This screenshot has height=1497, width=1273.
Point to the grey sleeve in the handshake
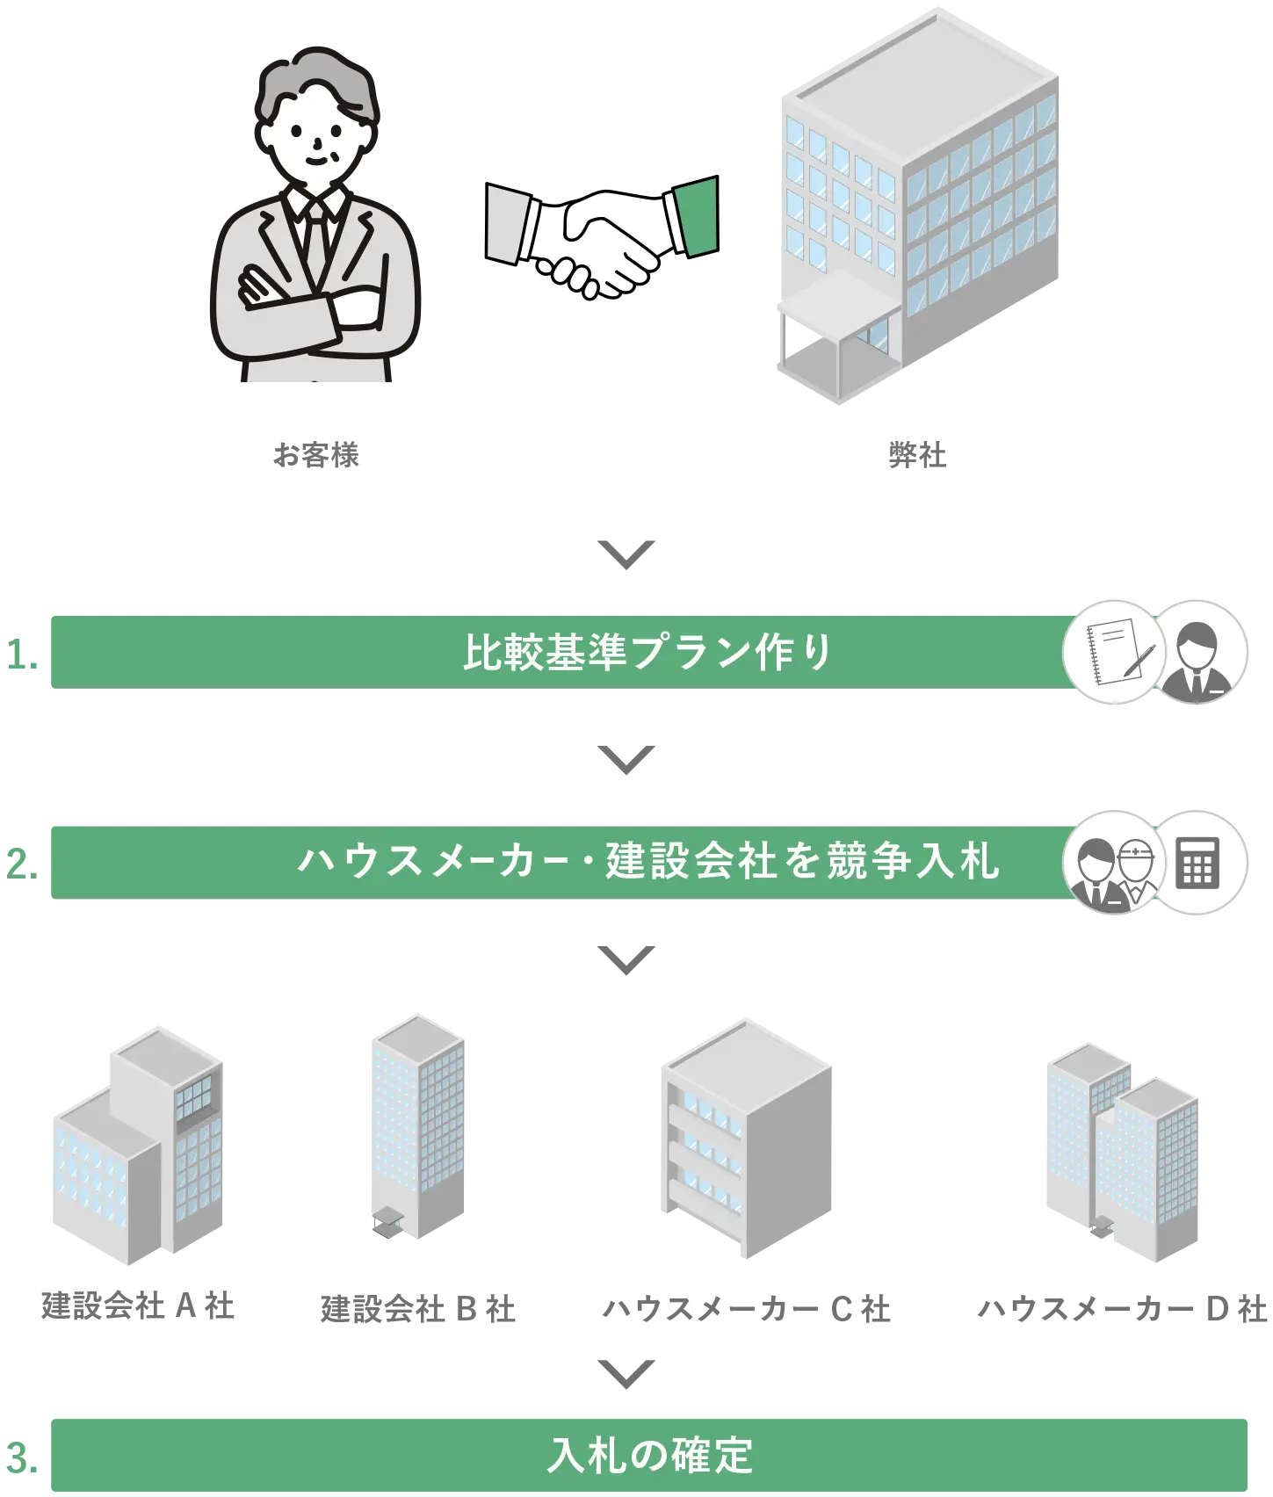click(x=510, y=224)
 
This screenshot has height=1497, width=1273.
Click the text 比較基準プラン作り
click(x=647, y=652)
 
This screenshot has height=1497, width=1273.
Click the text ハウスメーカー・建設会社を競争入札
click(x=647, y=861)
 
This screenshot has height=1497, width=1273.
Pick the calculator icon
click(x=1197, y=862)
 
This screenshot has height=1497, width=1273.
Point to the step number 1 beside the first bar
click(x=23, y=655)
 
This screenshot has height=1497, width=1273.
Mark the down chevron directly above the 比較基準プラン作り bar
click(x=626, y=553)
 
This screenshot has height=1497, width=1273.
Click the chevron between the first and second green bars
click(x=626, y=760)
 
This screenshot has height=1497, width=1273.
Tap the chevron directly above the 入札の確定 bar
click(x=626, y=1372)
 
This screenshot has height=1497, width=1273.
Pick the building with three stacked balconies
click(x=747, y=1142)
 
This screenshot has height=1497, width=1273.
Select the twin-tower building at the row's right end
click(x=1120, y=1151)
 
